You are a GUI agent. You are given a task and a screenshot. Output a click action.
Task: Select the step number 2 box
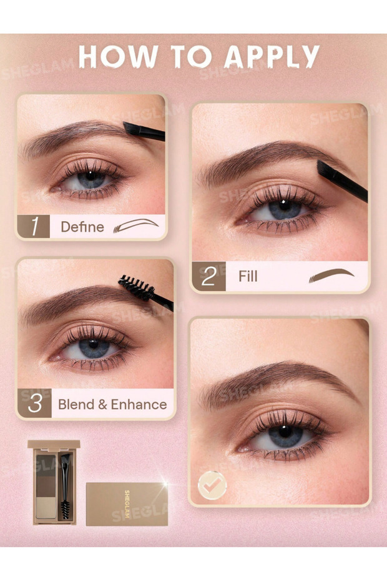[208, 276]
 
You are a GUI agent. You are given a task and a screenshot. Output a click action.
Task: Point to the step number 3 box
[34, 404]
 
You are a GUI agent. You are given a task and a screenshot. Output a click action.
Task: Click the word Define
[82, 227]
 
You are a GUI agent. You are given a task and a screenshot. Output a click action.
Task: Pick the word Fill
[247, 276]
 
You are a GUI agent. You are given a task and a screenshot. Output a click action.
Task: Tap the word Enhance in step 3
[139, 404]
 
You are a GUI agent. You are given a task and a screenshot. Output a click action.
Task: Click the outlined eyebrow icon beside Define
[135, 226]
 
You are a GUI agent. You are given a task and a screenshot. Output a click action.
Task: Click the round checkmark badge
[212, 485]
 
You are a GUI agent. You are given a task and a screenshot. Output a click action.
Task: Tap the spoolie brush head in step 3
[136, 288]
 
